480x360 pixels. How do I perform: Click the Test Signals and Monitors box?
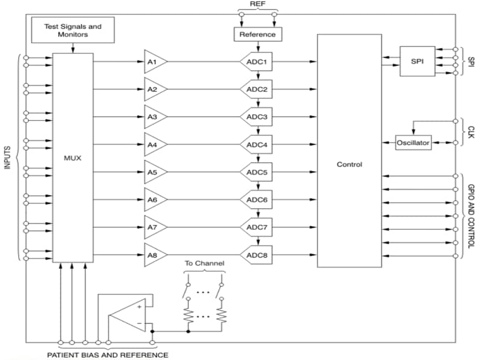[73, 31]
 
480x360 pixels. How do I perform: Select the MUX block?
[73, 158]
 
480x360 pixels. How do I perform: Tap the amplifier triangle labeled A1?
[154, 62]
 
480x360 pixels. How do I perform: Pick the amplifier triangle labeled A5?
[154, 172]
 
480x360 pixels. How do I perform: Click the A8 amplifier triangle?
[154, 255]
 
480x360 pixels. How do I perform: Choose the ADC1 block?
[257, 62]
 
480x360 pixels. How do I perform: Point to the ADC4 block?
[257, 145]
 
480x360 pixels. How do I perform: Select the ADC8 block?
[257, 255]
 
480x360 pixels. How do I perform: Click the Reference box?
[257, 34]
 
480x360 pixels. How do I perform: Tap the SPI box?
[418, 61]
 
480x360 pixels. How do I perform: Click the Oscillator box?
[413, 142]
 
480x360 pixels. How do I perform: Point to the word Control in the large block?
[349, 164]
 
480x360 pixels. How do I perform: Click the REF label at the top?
[257, 4]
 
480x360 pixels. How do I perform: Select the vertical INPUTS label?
[8, 158]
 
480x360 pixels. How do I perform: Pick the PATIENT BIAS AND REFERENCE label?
[108, 355]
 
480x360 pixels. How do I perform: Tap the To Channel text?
[204, 263]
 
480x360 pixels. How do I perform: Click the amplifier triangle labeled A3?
[154, 117]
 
